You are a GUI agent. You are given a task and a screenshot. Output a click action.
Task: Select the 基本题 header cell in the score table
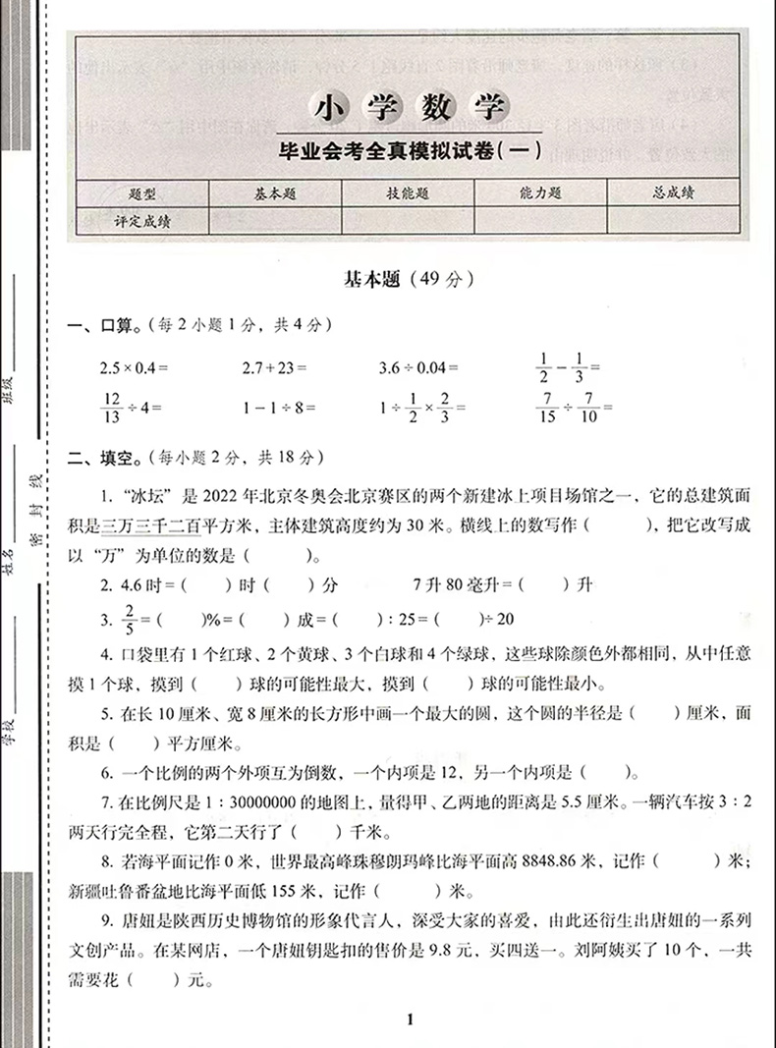(274, 194)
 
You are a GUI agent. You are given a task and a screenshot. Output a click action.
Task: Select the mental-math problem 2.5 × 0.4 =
(135, 367)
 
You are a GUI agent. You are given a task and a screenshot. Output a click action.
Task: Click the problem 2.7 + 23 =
(275, 367)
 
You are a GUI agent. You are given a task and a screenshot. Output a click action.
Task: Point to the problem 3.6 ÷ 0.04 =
(419, 367)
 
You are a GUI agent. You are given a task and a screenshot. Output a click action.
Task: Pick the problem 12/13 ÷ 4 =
(130, 405)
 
